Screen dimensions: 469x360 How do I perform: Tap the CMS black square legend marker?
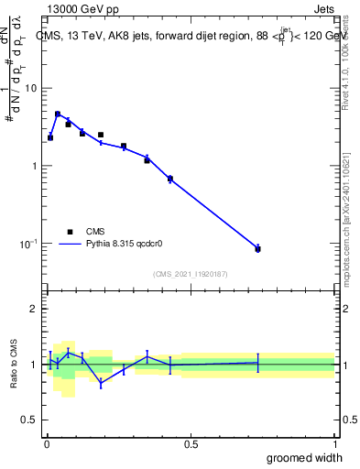click(x=70, y=232)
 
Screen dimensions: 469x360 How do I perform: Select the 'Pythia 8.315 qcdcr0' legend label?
click(x=125, y=245)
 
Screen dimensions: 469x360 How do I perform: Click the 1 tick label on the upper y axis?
click(x=35, y=166)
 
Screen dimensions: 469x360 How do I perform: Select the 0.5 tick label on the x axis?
click(x=191, y=443)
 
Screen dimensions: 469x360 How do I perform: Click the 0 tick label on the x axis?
click(x=46, y=443)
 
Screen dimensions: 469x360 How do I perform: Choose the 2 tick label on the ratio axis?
click(x=35, y=309)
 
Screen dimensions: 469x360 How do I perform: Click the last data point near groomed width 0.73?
click(x=257, y=248)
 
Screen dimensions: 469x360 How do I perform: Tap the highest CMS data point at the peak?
click(x=58, y=115)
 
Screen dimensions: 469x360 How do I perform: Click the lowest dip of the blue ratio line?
click(x=101, y=384)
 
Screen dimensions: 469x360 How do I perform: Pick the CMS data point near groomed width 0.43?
click(x=170, y=179)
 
